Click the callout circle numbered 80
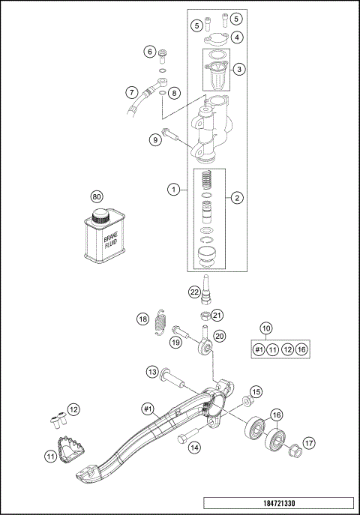click(96, 196)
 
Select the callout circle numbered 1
click(174, 190)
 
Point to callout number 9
click(155, 139)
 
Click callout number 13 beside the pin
click(151, 372)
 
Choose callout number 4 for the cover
click(236, 36)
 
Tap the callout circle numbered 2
click(236, 198)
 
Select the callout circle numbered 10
click(265, 328)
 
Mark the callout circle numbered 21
click(217, 315)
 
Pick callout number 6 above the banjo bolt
click(150, 52)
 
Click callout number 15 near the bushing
click(256, 392)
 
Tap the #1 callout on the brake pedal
click(148, 409)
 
